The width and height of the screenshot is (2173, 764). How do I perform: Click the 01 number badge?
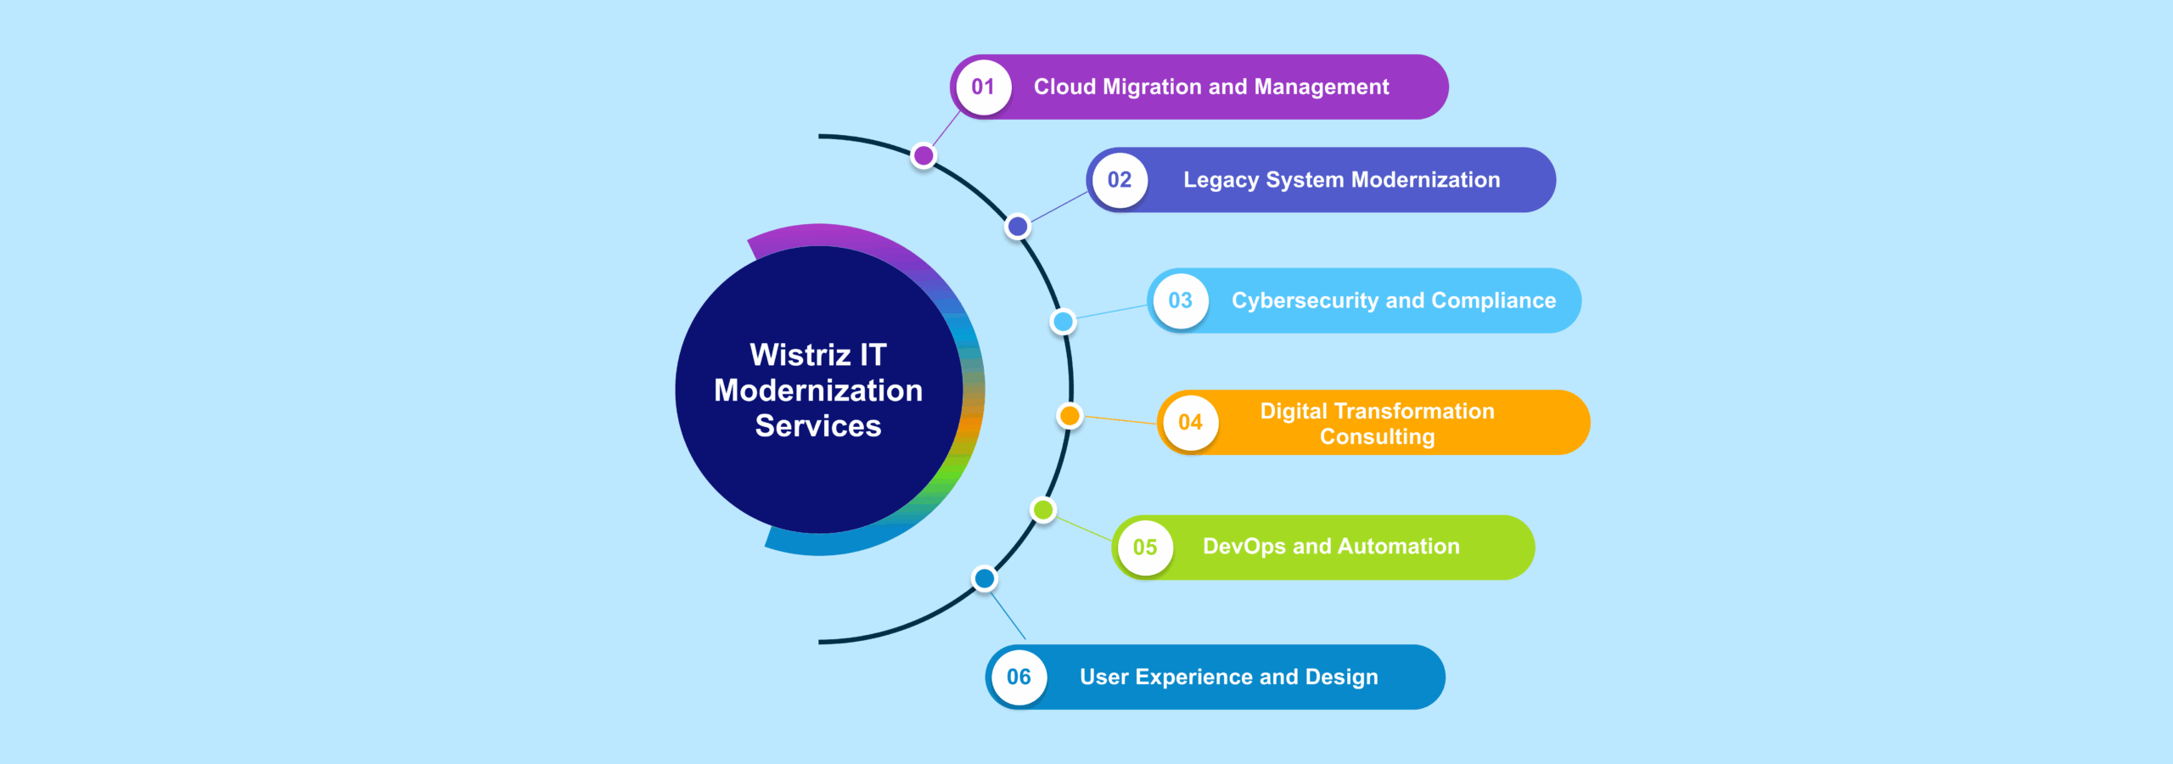pos(983,87)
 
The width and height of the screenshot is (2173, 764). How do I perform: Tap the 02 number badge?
pos(1120,180)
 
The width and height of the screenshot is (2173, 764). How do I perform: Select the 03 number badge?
pos(1180,301)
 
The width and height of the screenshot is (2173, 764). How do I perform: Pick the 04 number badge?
pos(1190,423)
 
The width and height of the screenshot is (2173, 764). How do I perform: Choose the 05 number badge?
pos(1145,548)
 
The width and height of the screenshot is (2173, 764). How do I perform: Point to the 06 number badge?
pos(1019,677)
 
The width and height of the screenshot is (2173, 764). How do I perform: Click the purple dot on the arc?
pos(924,156)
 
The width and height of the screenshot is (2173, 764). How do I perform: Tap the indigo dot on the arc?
pos(1018,227)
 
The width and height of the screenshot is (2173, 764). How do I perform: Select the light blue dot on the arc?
pos(1063,322)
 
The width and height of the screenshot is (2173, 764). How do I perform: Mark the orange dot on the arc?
pos(1070,416)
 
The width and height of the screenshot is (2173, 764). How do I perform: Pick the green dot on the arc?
pos(1043,510)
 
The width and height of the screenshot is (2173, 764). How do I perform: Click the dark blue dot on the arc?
pos(985,579)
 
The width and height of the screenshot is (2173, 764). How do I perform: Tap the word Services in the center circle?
pos(818,426)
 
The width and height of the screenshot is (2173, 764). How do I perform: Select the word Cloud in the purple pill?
pos(1064,87)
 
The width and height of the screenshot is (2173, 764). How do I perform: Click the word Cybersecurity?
pos(1305,301)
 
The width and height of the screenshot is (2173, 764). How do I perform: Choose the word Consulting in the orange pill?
pos(1377,436)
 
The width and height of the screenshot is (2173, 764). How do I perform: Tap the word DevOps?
pos(1244,547)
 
